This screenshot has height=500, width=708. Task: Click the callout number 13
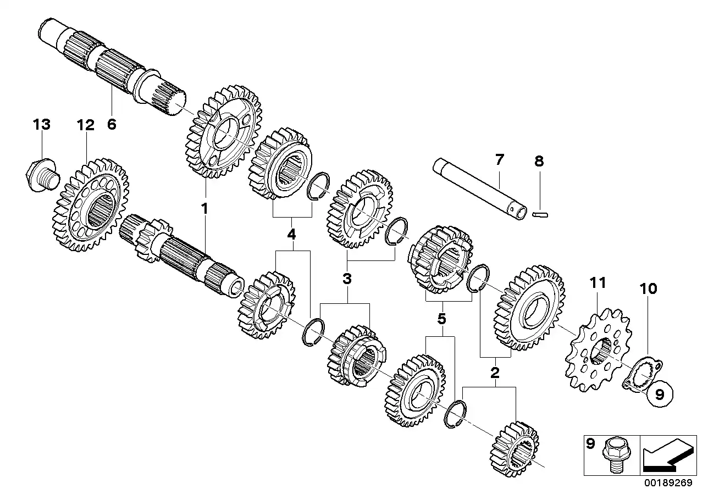tap(41, 125)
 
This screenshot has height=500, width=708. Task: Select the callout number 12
tap(85, 125)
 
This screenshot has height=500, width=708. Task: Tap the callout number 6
tap(112, 125)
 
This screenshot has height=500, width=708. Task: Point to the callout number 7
tap(499, 160)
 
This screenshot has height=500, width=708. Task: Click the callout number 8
tap(539, 161)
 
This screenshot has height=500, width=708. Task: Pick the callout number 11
tap(598, 283)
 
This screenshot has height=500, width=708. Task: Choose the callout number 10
tap(648, 288)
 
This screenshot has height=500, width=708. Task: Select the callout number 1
tap(204, 209)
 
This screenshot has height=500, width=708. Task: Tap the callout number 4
tap(291, 235)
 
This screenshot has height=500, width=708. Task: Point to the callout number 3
tap(346, 279)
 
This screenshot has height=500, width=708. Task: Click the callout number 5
tap(441, 319)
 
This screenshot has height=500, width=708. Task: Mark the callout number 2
tap(495, 374)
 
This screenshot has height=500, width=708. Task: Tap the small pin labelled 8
tap(541, 214)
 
